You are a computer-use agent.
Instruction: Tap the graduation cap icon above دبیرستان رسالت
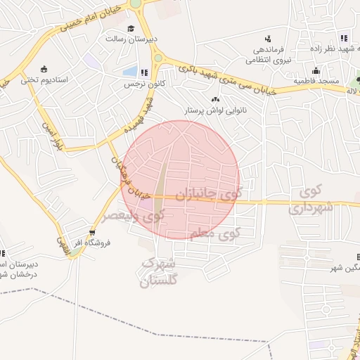(x=131, y=28)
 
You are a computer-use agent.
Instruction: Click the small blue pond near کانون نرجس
(x=130, y=72)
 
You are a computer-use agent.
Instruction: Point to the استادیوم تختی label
(x=44, y=79)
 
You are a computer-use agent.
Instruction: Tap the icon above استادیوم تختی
(x=44, y=69)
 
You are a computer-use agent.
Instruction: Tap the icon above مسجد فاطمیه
(x=316, y=70)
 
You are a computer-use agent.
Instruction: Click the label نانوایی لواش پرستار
(x=214, y=110)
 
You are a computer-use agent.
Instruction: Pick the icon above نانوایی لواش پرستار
(x=214, y=99)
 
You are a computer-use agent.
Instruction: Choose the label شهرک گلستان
(x=159, y=273)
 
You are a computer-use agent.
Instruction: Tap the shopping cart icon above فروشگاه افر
(x=93, y=232)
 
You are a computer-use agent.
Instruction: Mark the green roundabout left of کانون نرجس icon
(x=158, y=58)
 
